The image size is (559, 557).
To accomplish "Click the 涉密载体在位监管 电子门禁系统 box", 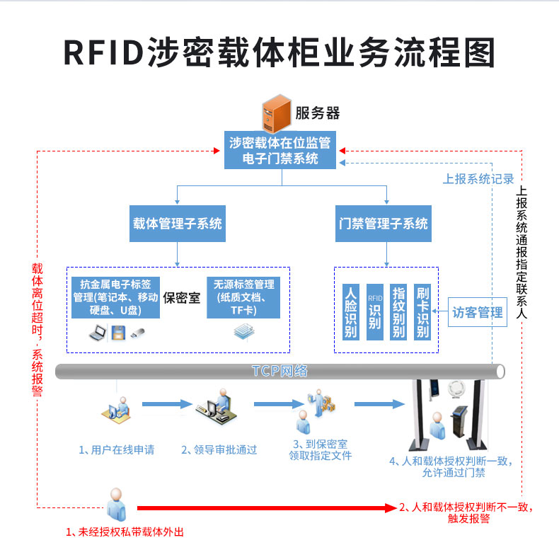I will [x=281, y=150].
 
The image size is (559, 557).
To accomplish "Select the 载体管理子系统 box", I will [x=177, y=224].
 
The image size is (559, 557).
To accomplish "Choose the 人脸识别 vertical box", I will [x=350, y=312].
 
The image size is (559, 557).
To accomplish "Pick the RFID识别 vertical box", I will [x=374, y=312].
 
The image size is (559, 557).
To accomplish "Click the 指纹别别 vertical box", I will [x=399, y=312].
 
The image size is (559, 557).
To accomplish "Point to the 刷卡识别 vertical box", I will [x=423, y=312].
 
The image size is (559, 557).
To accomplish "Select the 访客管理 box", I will [x=478, y=312].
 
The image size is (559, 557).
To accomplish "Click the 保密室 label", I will [x=182, y=298].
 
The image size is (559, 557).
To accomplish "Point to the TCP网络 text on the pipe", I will [x=279, y=371].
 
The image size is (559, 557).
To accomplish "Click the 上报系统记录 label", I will [x=478, y=179].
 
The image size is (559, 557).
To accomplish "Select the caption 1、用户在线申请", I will [x=116, y=449].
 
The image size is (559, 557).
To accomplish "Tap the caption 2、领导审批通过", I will [x=219, y=449].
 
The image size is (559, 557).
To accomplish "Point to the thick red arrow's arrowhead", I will [x=391, y=507].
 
